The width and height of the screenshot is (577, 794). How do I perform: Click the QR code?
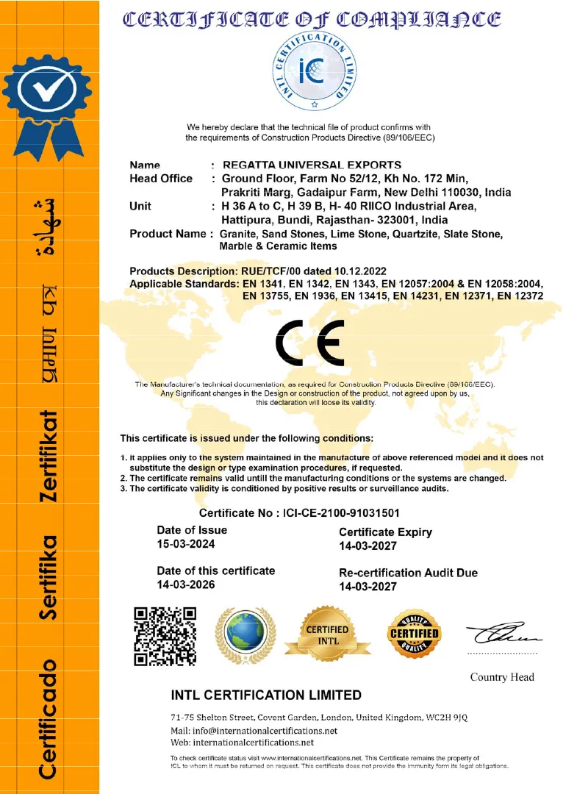[x=165, y=635]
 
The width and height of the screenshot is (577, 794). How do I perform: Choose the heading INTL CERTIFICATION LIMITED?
[x=266, y=695]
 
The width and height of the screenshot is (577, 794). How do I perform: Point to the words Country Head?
[x=502, y=677]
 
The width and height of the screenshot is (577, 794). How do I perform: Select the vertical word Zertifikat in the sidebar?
[x=49, y=456]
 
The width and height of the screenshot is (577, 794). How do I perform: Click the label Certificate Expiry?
[x=385, y=532]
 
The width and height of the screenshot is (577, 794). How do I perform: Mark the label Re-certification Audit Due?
[x=408, y=573]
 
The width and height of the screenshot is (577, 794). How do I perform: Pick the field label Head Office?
[x=161, y=179]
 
